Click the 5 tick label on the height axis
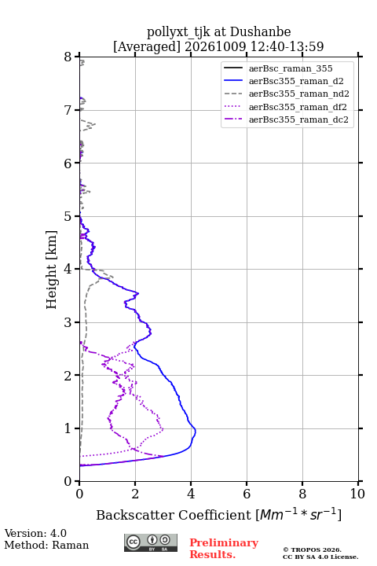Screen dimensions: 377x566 click(x=68, y=217)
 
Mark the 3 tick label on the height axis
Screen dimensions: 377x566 click(x=68, y=322)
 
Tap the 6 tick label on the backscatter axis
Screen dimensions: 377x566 click(x=247, y=494)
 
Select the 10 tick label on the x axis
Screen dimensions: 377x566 click(x=357, y=494)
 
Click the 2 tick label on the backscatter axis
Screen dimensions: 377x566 click(x=135, y=494)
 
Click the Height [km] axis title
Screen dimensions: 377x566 click(x=52, y=270)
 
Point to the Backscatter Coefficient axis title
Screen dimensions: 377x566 click(x=218, y=515)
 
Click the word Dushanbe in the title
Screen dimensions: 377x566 click(x=260, y=32)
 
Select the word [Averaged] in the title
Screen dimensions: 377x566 click(x=146, y=46)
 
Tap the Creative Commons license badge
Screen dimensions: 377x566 click(x=151, y=542)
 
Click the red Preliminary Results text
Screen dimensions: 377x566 click(x=224, y=549)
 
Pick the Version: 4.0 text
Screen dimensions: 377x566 click(x=35, y=533)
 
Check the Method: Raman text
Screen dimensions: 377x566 click(x=46, y=545)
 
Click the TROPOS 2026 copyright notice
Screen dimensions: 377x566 click(x=320, y=553)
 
